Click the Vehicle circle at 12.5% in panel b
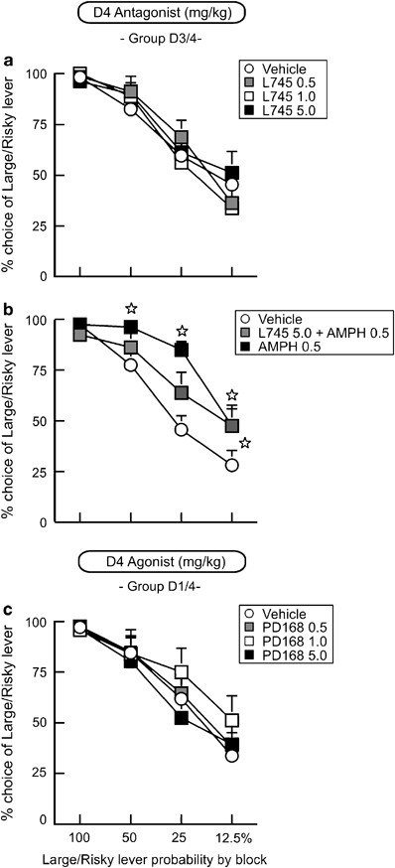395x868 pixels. [231, 465]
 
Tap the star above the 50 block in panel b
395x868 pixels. [130, 309]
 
